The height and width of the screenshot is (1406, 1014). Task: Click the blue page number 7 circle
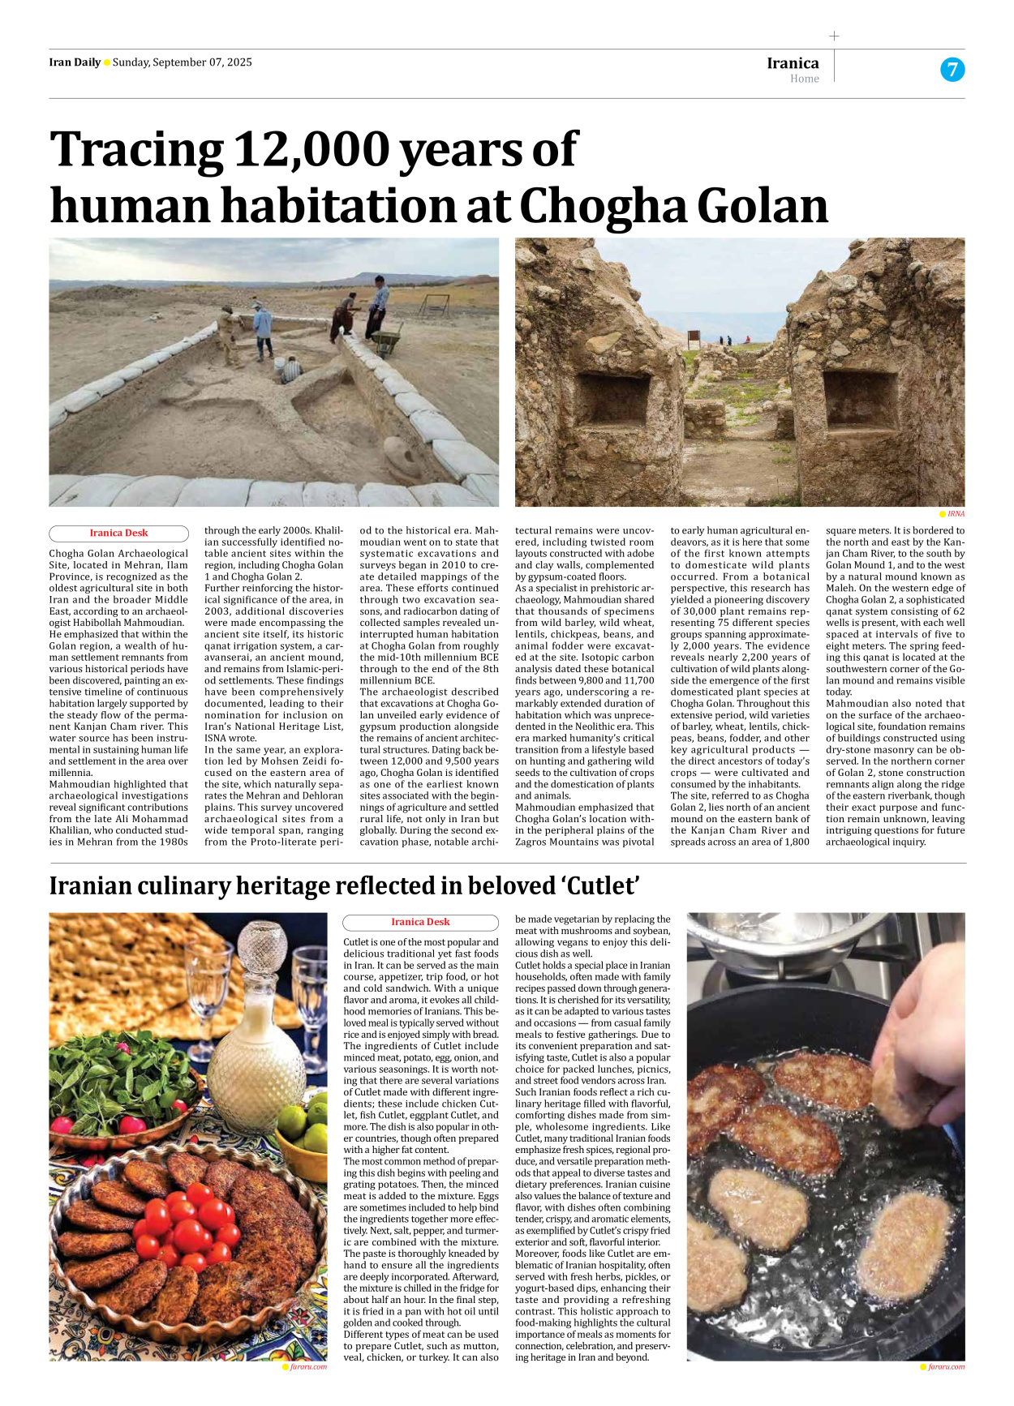click(x=952, y=70)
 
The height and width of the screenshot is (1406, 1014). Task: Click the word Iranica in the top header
click(x=793, y=63)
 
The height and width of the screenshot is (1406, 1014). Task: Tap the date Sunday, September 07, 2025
click(x=182, y=62)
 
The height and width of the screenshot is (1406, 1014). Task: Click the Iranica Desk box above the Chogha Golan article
click(x=118, y=533)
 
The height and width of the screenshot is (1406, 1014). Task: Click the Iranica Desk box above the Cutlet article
click(x=420, y=922)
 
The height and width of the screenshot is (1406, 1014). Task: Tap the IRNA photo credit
click(x=956, y=514)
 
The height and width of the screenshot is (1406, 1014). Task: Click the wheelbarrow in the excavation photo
click(x=389, y=336)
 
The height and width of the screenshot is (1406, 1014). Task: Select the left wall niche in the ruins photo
click(x=612, y=399)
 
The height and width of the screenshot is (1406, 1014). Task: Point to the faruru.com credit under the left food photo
click(x=307, y=1366)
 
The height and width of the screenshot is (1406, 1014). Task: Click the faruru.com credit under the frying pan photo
click(x=945, y=1366)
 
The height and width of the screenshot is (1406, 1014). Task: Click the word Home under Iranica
click(x=804, y=79)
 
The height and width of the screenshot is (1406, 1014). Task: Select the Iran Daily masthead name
click(x=75, y=62)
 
